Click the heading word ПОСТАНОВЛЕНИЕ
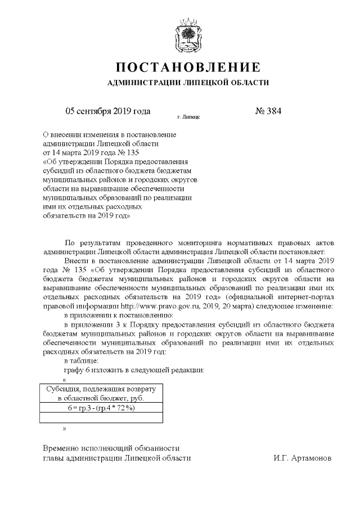(188, 68)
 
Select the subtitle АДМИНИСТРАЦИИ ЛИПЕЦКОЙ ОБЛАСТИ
(188, 83)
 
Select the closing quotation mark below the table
(65, 429)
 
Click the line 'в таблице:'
(82, 360)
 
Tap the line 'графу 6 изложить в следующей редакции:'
(134, 370)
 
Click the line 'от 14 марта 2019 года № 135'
(90, 152)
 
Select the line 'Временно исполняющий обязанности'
(111, 448)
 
